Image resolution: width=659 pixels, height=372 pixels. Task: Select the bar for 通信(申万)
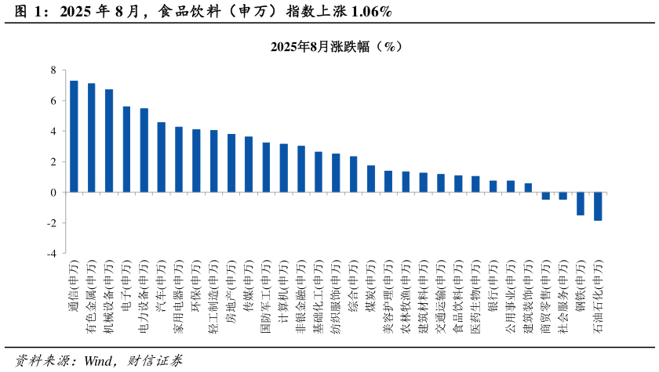coord(74,136)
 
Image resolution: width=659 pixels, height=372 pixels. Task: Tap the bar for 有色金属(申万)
coord(91,138)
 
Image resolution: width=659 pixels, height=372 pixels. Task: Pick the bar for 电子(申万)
coord(126,150)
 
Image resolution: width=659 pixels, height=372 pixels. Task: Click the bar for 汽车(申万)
coord(161,157)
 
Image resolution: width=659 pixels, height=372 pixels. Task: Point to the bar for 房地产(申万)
coord(231,163)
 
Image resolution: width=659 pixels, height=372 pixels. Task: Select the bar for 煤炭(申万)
coord(371,179)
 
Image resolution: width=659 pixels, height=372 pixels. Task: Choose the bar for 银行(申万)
coord(493,186)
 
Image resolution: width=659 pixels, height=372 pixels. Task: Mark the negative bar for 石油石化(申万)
coord(598,206)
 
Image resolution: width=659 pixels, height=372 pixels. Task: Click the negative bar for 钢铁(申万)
coord(581,204)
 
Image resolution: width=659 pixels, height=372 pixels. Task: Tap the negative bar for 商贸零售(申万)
coord(545,196)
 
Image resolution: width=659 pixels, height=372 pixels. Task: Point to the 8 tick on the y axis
coord(53,70)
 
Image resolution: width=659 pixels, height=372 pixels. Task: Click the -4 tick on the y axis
coord(52,254)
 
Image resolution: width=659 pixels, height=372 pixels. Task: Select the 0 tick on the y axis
coord(53,193)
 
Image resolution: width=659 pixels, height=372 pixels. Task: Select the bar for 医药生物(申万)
coord(475,184)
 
